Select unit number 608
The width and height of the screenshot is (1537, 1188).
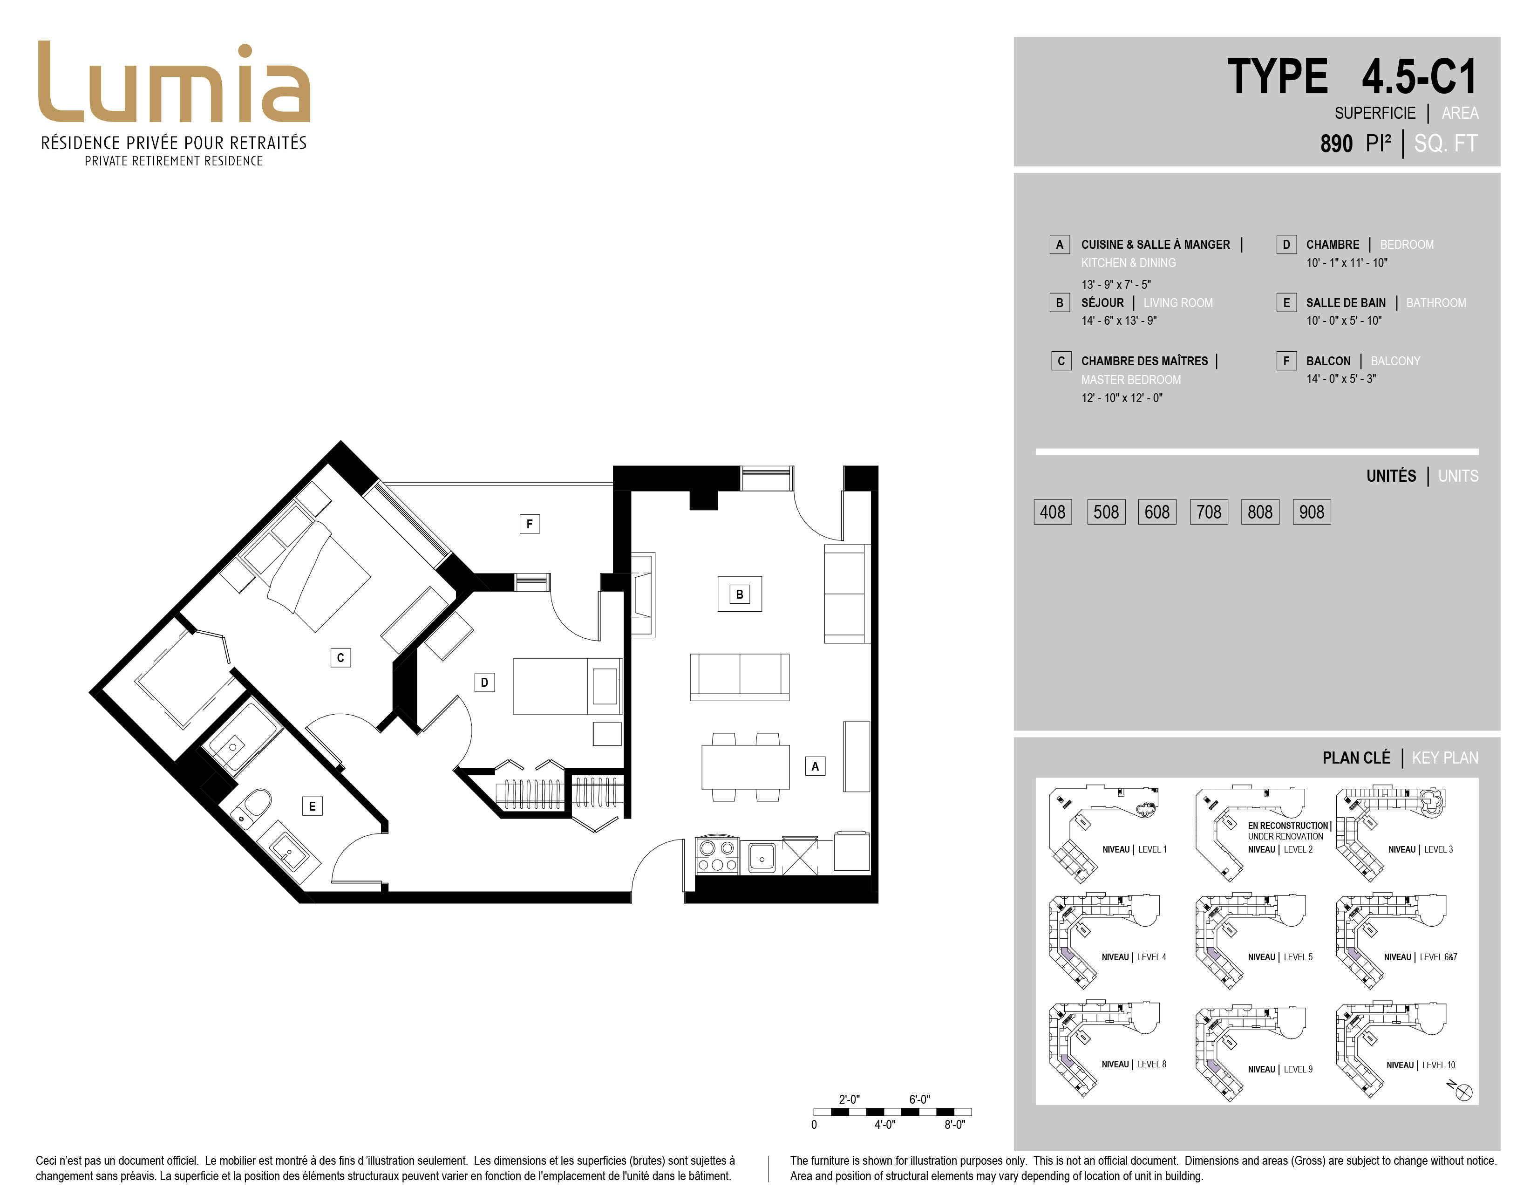point(1157,512)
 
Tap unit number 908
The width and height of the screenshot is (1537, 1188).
point(1312,512)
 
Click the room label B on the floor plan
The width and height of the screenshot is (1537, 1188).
point(740,594)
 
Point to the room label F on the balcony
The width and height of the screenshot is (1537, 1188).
point(530,524)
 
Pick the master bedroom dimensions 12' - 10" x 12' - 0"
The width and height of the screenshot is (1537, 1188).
point(1122,398)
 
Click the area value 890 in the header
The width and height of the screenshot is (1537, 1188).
point(1336,143)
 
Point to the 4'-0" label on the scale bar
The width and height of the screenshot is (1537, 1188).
point(884,1125)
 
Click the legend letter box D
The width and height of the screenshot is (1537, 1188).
point(1286,244)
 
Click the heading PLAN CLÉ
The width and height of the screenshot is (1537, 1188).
point(1356,758)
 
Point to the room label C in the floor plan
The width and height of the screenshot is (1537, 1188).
point(340,658)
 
